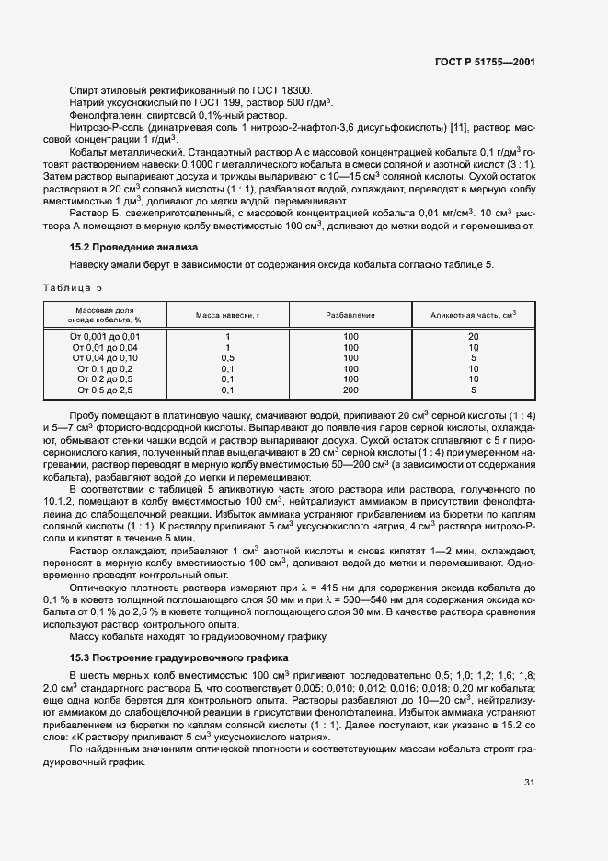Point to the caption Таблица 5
[73, 287]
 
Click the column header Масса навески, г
[227, 315]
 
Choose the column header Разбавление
[350, 315]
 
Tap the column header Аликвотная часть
[473, 315]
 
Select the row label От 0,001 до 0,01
[105, 337]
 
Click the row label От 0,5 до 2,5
[105, 390]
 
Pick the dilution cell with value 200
[350, 390]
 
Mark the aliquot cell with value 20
[473, 337]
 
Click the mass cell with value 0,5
[227, 357]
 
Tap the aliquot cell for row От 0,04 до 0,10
[473, 357]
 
